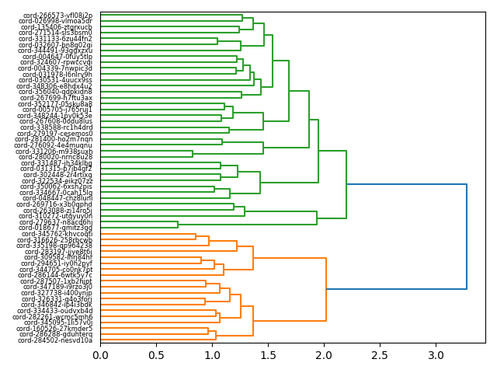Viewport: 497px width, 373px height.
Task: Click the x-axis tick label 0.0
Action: pyautogui.click(x=100, y=355)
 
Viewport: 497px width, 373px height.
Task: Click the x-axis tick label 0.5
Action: pyautogui.click(x=156, y=355)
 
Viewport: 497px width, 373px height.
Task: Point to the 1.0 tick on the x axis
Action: pyautogui.click(x=212, y=355)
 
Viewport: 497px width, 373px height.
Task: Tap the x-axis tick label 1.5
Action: pyautogui.click(x=268, y=355)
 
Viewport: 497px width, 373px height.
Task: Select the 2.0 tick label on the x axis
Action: pyautogui.click(x=324, y=355)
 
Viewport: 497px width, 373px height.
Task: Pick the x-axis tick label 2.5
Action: pyautogui.click(x=380, y=355)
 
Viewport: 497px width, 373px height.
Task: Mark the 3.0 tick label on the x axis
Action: pyautogui.click(x=436, y=355)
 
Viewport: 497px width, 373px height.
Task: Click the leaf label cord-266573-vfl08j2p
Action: pyautogui.click(x=57, y=15)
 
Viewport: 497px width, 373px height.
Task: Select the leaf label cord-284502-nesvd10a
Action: pyautogui.click(x=57, y=340)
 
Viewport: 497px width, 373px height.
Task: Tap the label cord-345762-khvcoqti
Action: pyautogui.click(x=57, y=234)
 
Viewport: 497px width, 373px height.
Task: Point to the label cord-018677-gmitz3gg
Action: pyautogui.click(x=57, y=228)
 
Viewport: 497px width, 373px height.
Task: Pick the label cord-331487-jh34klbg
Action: pyautogui.click(x=57, y=163)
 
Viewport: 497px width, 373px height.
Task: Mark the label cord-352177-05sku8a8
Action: pyautogui.click(x=56, y=103)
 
